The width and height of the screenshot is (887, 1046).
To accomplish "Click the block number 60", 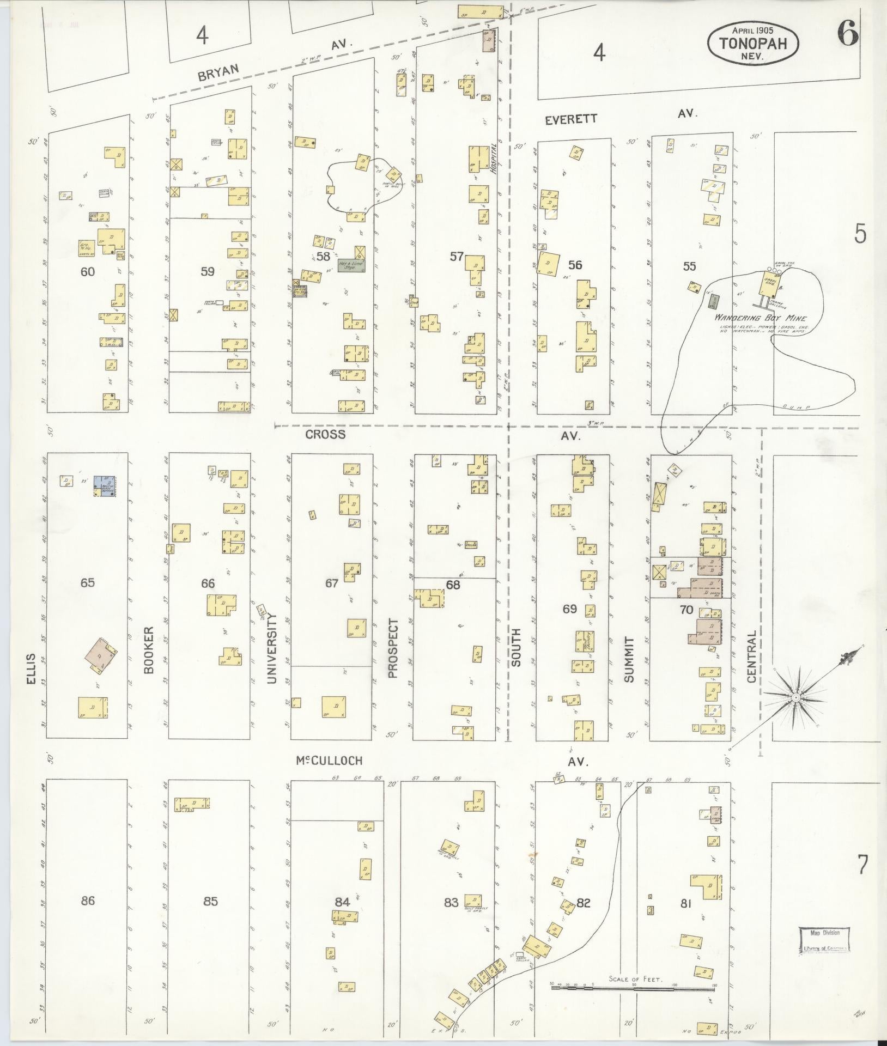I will [x=88, y=271].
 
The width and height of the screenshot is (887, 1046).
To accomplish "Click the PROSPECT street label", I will [x=393, y=648].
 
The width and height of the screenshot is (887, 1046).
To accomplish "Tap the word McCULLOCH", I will [x=329, y=761].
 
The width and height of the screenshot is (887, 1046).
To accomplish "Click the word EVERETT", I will [x=571, y=119].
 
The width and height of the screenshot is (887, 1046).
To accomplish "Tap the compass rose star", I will [x=796, y=697].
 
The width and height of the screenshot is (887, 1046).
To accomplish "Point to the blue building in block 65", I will [x=106, y=485].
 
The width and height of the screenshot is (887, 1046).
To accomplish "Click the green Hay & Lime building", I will [x=351, y=265].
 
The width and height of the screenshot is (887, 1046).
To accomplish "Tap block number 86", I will [x=88, y=901].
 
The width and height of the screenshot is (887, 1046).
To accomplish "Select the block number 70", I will [x=686, y=610].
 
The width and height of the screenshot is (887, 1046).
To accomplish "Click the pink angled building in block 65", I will [x=101, y=655].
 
